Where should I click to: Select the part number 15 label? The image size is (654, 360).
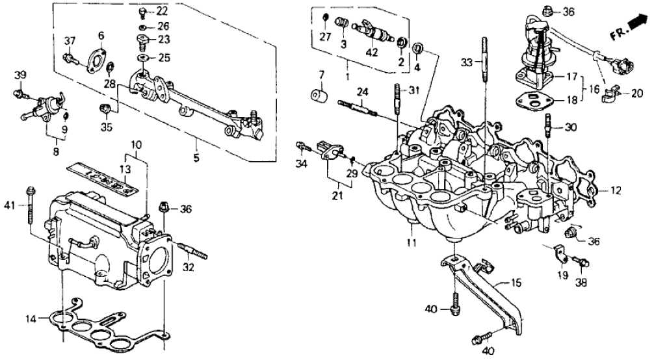click(516, 283)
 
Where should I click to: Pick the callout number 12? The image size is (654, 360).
click(616, 191)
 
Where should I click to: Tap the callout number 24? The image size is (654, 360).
click(361, 92)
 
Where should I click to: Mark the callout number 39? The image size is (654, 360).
click(20, 75)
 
